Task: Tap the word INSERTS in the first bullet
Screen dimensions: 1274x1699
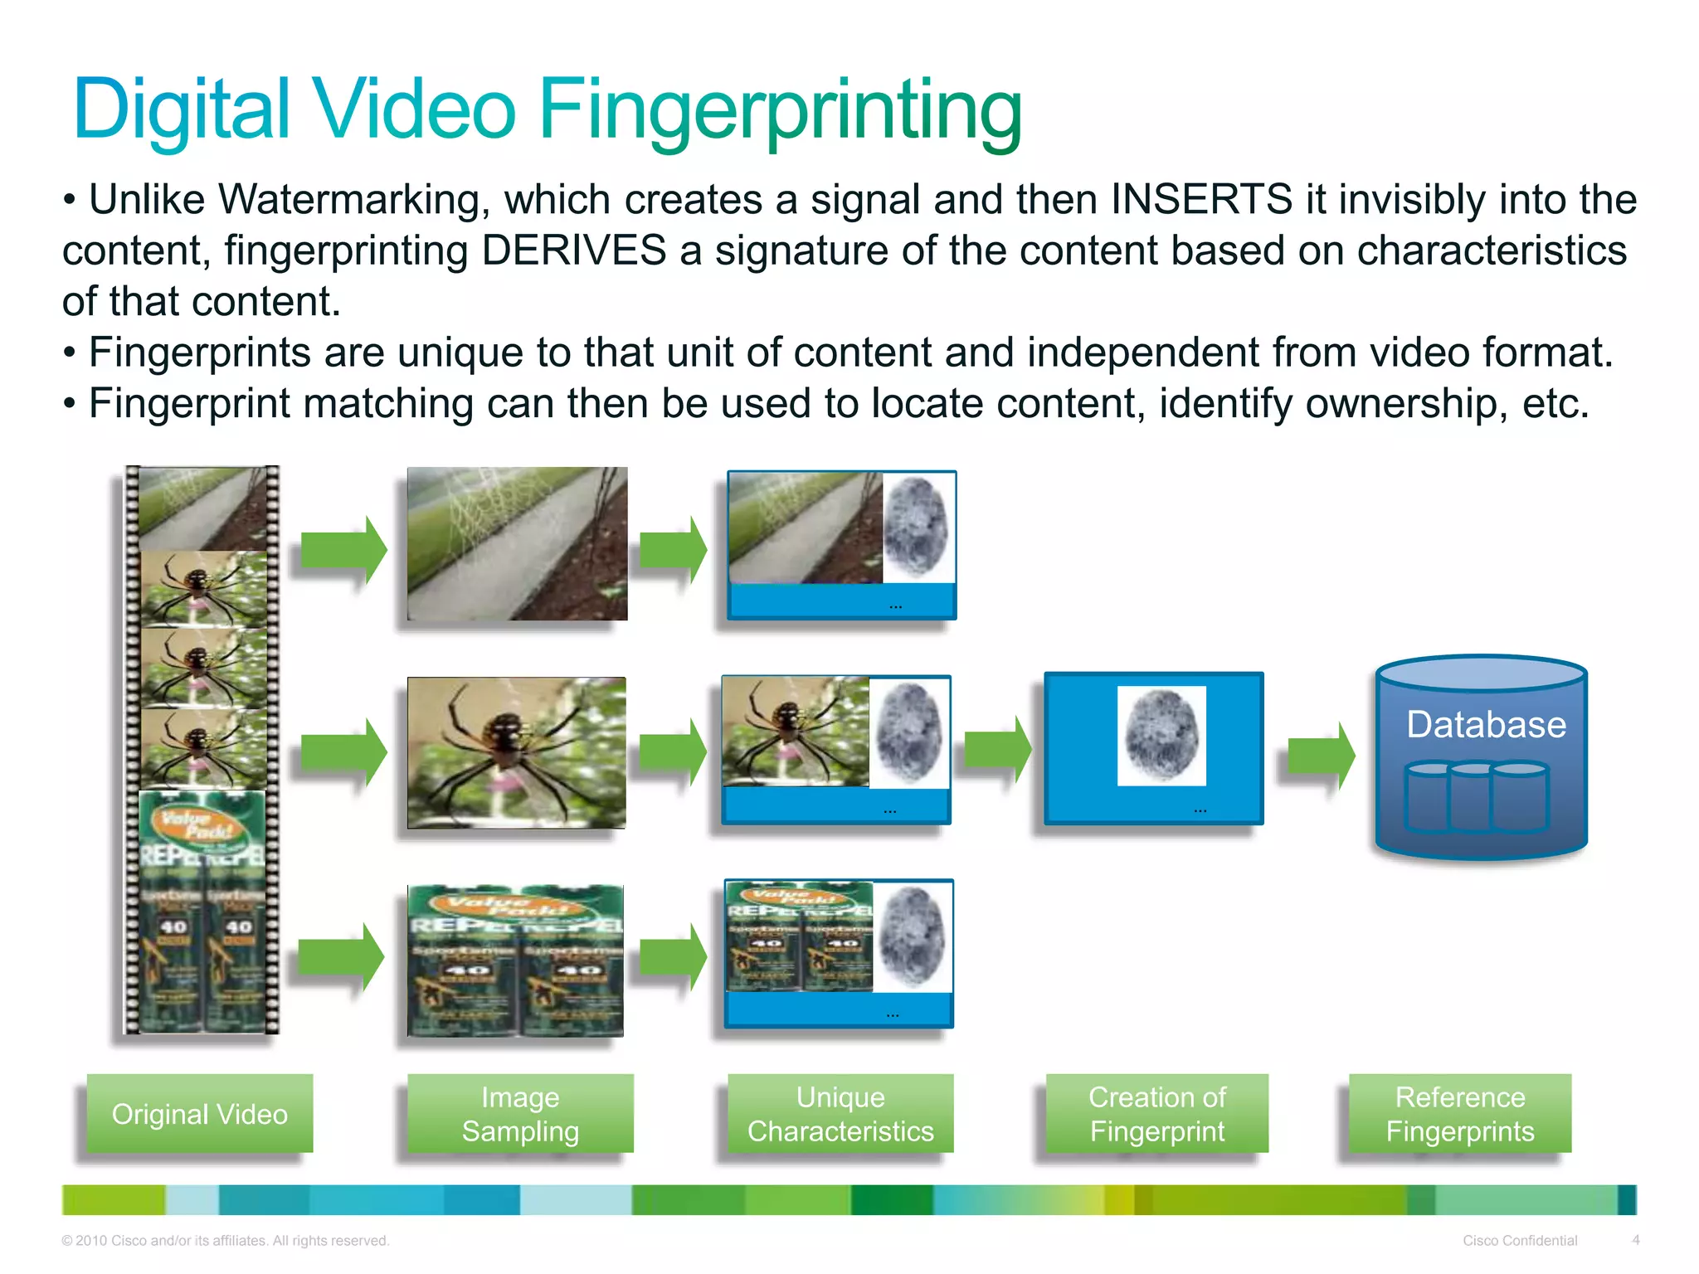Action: [x=1201, y=200]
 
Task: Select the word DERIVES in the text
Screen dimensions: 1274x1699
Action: [x=573, y=250]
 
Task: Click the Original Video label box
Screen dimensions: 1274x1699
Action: [x=200, y=1114]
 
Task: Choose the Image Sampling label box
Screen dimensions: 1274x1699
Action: [x=520, y=1114]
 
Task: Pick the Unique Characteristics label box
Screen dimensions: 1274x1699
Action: [x=840, y=1114]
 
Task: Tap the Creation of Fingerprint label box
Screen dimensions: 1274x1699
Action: [x=1156, y=1114]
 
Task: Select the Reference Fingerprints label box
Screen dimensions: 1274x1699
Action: [x=1460, y=1114]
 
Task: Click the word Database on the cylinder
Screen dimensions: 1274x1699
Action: [x=1486, y=725]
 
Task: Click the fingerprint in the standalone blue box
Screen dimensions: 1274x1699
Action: [x=1161, y=736]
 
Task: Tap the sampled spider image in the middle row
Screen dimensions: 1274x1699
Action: [x=517, y=752]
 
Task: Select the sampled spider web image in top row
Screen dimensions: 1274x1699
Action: [x=517, y=543]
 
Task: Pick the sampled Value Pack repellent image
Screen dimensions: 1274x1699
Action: [x=515, y=960]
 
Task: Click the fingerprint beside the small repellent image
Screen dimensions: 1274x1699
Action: [x=913, y=936]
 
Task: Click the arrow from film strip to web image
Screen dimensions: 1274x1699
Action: [x=343, y=549]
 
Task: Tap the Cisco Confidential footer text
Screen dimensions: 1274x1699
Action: [x=1520, y=1241]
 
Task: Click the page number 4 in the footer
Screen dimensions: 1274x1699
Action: [x=1636, y=1240]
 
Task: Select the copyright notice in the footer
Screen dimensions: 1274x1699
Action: [x=225, y=1241]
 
